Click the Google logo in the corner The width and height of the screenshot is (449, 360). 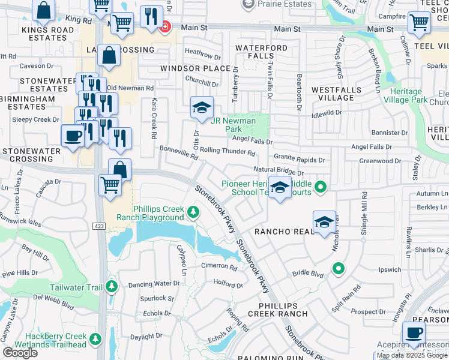[x=20, y=353]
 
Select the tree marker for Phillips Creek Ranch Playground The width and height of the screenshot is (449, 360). [x=193, y=212]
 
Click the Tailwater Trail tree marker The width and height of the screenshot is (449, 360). [x=111, y=286]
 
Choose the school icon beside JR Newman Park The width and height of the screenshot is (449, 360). [x=202, y=108]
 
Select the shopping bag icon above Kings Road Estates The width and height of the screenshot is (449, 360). [x=44, y=10]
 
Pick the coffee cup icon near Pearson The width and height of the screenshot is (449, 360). [x=413, y=332]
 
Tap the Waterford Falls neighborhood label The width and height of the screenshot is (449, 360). [x=261, y=52]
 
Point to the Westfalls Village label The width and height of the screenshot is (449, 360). [x=336, y=93]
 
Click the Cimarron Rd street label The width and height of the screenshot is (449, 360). [x=219, y=266]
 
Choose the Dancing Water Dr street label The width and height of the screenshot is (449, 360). [x=154, y=283]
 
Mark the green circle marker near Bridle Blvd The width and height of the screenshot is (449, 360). [x=339, y=268]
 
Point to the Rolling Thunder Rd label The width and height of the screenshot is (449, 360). [x=228, y=151]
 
